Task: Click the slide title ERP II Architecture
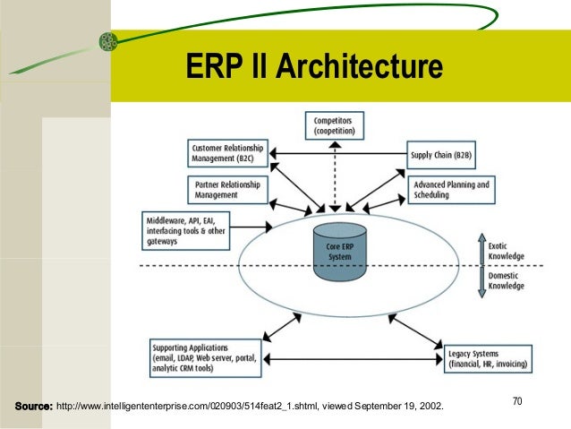coord(312,67)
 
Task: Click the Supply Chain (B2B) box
coord(440,154)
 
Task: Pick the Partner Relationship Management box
coord(230,189)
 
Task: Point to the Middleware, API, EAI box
coord(187,229)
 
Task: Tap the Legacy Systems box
coord(489,359)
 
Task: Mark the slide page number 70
coord(517,403)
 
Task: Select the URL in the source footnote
coord(189,407)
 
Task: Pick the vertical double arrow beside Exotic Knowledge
coord(479,266)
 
